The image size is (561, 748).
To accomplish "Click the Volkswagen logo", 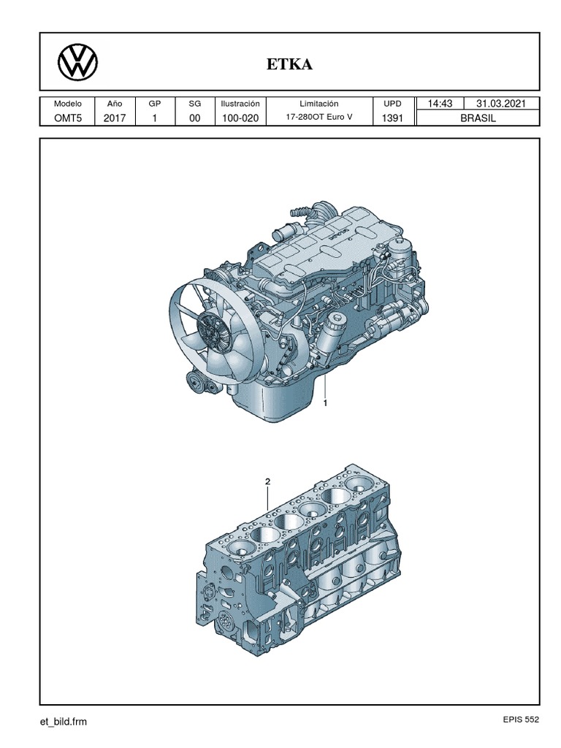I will pyautogui.click(x=77, y=62).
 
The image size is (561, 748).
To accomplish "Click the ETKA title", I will pyautogui.click(x=290, y=65).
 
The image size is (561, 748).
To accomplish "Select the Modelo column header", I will pyautogui.click(x=68, y=104).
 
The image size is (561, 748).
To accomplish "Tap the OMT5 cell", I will pyautogui.click(x=68, y=118).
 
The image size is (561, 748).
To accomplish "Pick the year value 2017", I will pyautogui.click(x=115, y=118).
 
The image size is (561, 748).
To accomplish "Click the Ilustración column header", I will pyautogui.click(x=240, y=104).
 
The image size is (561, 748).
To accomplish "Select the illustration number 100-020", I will pyautogui.click(x=240, y=118).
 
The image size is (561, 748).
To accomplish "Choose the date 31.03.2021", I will pyautogui.click(x=501, y=104).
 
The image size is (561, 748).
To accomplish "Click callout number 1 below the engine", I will pyautogui.click(x=326, y=402).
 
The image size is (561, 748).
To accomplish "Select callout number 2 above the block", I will pyautogui.click(x=267, y=482).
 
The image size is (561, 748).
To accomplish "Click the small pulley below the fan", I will pyautogui.click(x=197, y=381).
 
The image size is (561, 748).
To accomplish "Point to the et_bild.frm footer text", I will pyautogui.click(x=63, y=722).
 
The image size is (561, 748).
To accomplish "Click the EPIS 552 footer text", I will pyautogui.click(x=519, y=720).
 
